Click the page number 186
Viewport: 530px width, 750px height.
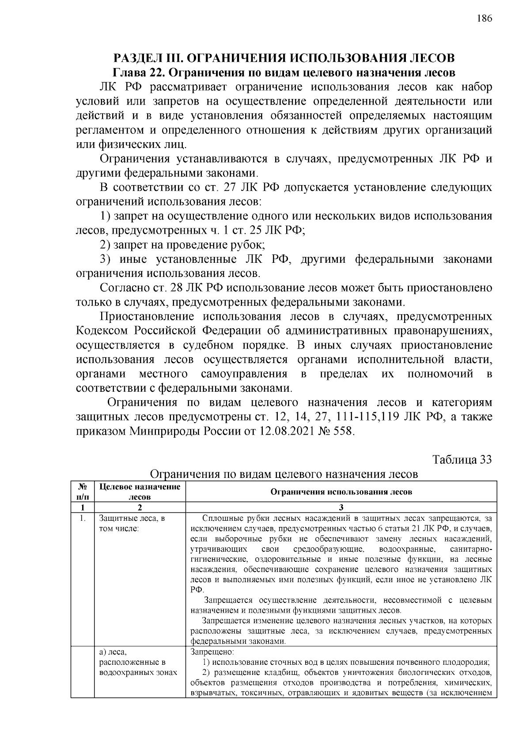tap(484, 18)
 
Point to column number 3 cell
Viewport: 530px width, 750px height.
tap(341, 507)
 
